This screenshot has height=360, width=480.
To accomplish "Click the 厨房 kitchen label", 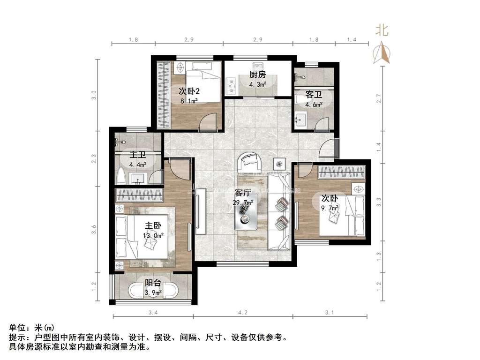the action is pyautogui.click(x=257, y=75).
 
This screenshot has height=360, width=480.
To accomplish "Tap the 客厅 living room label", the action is pyautogui.click(x=243, y=193).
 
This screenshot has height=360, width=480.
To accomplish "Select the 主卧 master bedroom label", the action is pyautogui.click(x=153, y=225).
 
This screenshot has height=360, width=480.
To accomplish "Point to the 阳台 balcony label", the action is pyautogui.click(x=153, y=283).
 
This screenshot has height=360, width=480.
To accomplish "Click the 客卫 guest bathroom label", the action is pyautogui.click(x=314, y=95).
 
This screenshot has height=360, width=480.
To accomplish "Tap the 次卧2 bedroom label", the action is pyautogui.click(x=189, y=91).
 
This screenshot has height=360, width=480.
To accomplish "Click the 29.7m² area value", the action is pyautogui.click(x=243, y=202).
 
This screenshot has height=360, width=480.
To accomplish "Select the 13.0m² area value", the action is pyautogui.click(x=153, y=235).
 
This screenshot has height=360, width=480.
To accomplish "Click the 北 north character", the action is pyautogui.click(x=382, y=30).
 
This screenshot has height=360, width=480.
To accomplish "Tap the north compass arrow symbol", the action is pyautogui.click(x=382, y=52).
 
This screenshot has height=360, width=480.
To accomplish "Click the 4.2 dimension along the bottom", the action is pyautogui.click(x=243, y=313).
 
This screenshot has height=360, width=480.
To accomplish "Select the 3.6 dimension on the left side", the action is pyautogui.click(x=94, y=229).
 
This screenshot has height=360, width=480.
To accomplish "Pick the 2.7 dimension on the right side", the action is pyautogui.click(x=379, y=98).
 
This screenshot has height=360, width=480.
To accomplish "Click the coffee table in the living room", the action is pyautogui.click(x=246, y=216).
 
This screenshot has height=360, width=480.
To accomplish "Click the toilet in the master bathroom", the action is pyautogui.click(x=121, y=176).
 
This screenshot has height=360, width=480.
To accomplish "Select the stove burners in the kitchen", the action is pyautogui.click(x=232, y=85).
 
